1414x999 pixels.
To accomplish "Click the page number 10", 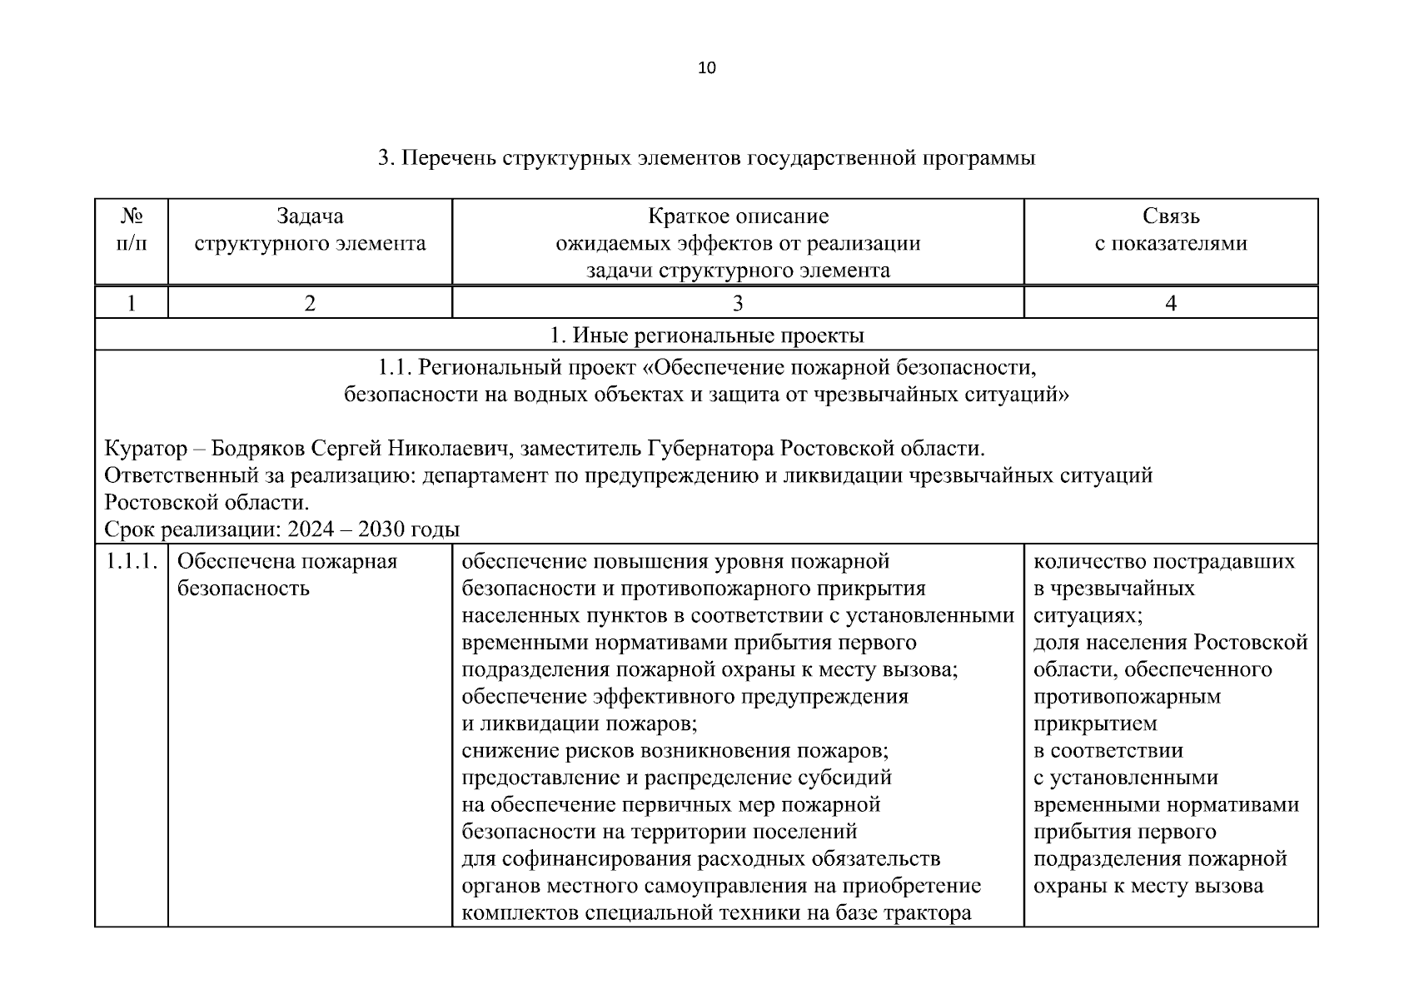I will (706, 68).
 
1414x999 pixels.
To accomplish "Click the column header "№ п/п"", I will (132, 231).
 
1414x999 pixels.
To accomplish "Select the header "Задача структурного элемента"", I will (310, 231).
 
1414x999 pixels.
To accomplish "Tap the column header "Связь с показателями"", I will (1170, 231).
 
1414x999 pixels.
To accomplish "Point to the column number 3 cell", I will (737, 303).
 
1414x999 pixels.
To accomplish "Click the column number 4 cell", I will (1170, 303).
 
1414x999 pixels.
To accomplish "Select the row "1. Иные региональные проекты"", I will (706, 335).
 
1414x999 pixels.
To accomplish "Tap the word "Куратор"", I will (146, 449).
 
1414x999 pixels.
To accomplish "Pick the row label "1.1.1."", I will (132, 562).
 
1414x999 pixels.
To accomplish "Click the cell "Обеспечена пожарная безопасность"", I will (287, 574).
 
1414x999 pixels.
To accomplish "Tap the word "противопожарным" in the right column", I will (1127, 697).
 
